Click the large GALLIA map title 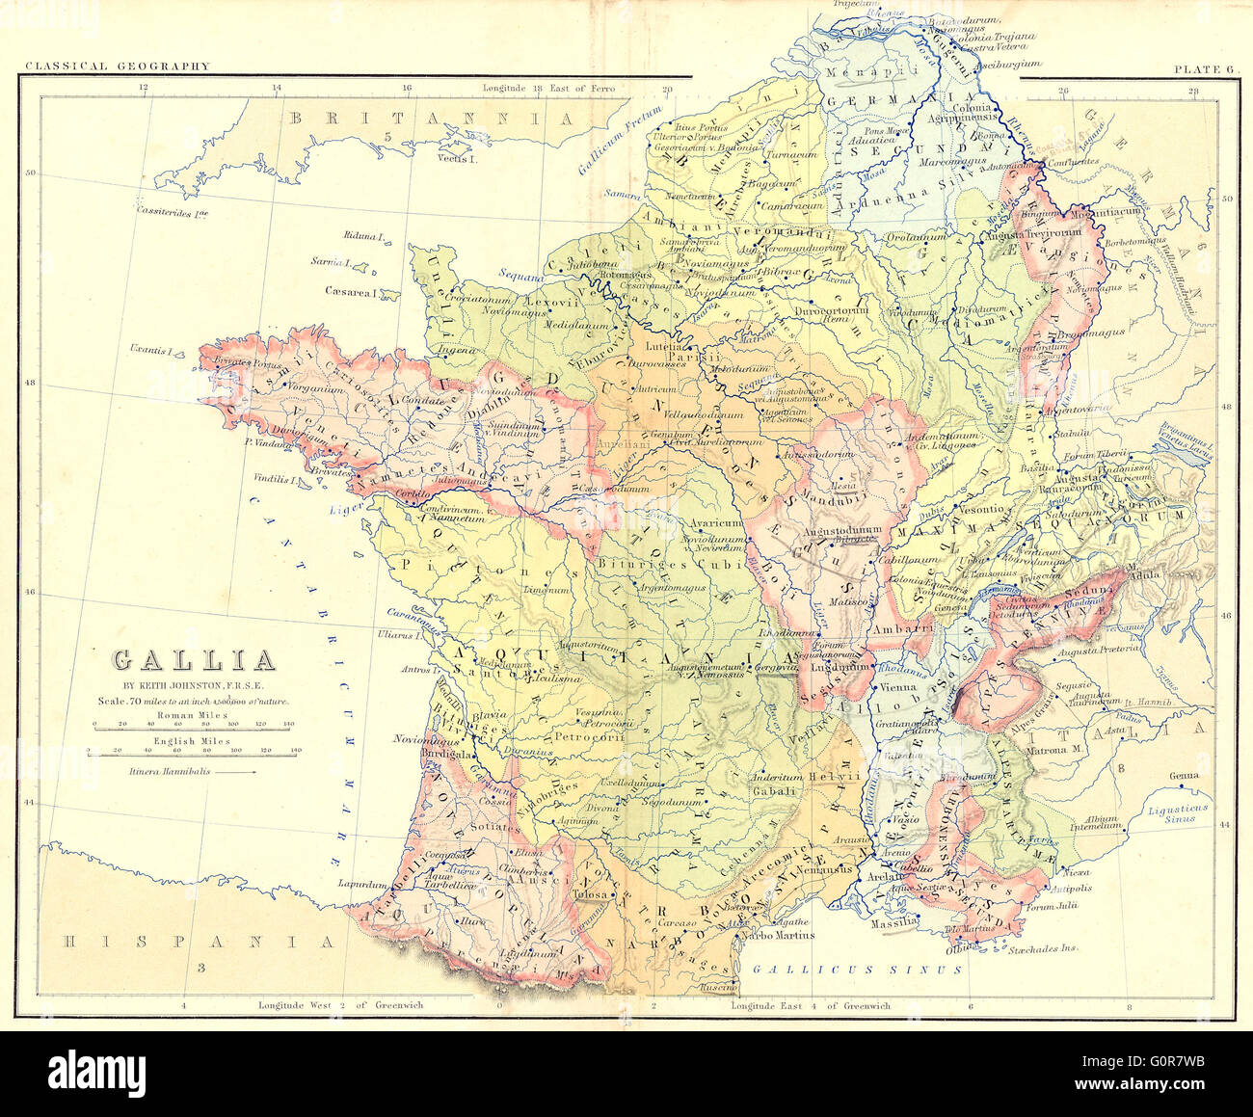pyautogui.click(x=194, y=660)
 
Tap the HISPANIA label pyautogui.click(x=198, y=942)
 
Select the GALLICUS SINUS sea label pyautogui.click(x=857, y=970)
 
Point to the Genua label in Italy pyautogui.click(x=1184, y=776)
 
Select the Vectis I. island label pyautogui.click(x=458, y=158)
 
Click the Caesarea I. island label pyautogui.click(x=349, y=292)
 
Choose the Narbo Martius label pyautogui.click(x=782, y=934)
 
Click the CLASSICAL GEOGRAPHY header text pyautogui.click(x=117, y=66)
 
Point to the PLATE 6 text pyautogui.click(x=1203, y=68)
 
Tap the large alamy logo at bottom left pyautogui.click(x=96, y=1072)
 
